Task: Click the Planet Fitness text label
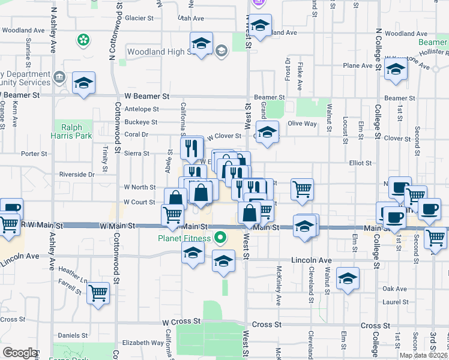point(184,238)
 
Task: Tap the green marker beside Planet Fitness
point(220,238)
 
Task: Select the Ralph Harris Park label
point(76,131)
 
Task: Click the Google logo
point(20,353)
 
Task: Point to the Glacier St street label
point(139,18)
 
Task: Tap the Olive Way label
point(302,123)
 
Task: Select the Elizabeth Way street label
point(143,343)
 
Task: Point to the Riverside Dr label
point(77,175)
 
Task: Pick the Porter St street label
point(34,154)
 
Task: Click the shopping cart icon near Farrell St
point(98,293)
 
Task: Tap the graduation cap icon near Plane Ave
point(396,70)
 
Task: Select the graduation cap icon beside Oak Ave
point(348,279)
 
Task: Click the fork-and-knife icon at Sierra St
point(191,147)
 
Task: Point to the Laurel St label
point(395,302)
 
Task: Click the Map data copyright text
point(424,355)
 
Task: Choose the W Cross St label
point(179,322)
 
